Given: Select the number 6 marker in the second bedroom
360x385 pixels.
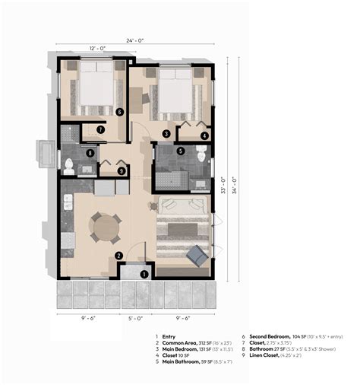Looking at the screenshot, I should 120,112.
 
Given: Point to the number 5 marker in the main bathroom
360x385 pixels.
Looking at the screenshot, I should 180,151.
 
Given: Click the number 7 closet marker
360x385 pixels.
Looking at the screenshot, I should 101,129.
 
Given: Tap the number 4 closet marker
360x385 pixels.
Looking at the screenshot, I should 204,135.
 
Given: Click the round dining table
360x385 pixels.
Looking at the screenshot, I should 105,226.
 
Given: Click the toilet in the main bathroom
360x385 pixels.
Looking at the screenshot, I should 201,154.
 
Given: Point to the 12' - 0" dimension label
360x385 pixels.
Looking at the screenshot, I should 98,48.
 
